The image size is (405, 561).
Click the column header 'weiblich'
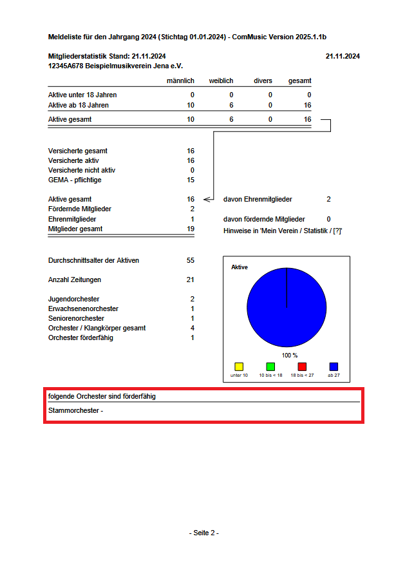pyautogui.click(x=221, y=81)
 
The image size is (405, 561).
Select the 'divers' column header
pyautogui.click(x=263, y=81)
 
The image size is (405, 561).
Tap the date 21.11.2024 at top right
pyautogui.click(x=343, y=56)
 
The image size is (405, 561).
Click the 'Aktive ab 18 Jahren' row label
pyautogui.click(x=79, y=105)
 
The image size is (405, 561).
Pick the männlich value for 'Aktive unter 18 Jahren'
pyautogui.click(x=191, y=95)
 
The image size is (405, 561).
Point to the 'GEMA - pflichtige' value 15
pyautogui.click(x=190, y=180)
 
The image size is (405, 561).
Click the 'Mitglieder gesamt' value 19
pyautogui.click(x=190, y=229)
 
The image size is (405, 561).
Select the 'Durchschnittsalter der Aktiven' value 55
pyautogui.click(x=190, y=260)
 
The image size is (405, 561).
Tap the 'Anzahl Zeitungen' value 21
pyautogui.click(x=190, y=280)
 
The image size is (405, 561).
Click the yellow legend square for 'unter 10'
pyautogui.click(x=239, y=366)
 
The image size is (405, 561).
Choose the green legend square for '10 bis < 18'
pyautogui.click(x=270, y=366)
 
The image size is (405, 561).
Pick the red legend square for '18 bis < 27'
pyautogui.click(x=302, y=366)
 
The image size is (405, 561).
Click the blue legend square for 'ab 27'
pyautogui.click(x=334, y=366)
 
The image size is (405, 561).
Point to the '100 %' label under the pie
pyautogui.click(x=290, y=355)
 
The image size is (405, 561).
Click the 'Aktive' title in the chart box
pyautogui.click(x=240, y=267)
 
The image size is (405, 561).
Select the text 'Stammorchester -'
pyautogui.click(x=75, y=410)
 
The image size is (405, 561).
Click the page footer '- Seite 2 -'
pyautogui.click(x=204, y=533)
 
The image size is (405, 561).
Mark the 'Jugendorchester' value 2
pyautogui.click(x=192, y=299)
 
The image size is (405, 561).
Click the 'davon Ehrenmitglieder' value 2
pyautogui.click(x=328, y=199)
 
